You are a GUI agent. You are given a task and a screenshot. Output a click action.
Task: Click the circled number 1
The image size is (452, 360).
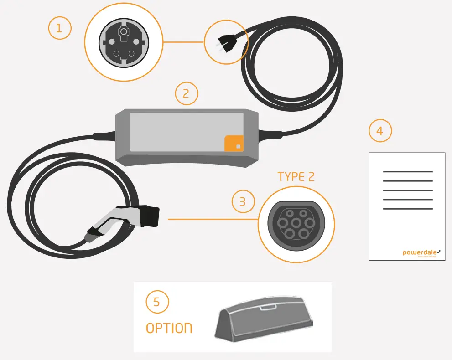(x=59, y=29)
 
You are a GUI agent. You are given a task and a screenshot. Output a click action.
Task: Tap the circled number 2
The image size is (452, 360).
(x=187, y=94)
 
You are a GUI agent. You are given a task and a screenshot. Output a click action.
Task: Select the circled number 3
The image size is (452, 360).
(x=243, y=201)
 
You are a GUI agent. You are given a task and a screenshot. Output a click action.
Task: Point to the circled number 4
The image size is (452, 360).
(x=380, y=131)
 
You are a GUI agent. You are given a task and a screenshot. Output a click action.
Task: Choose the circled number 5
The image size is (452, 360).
(x=157, y=302)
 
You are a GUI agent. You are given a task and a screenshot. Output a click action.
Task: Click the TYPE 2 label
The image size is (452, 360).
(x=296, y=177)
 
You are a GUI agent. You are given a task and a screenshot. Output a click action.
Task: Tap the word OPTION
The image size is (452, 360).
(x=169, y=328)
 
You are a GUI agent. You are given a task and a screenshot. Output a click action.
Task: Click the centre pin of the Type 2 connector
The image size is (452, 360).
(x=296, y=223)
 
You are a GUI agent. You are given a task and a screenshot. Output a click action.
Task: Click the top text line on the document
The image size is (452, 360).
(x=408, y=172)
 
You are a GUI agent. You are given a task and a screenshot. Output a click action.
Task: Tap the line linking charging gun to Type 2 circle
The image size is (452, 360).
(x=213, y=219)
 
